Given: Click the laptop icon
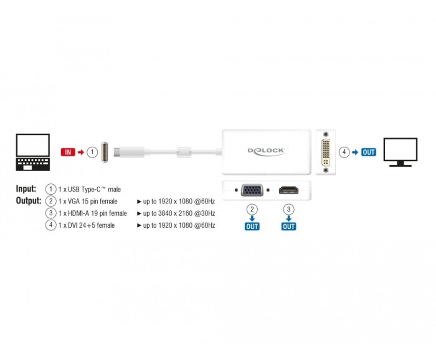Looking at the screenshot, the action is (33, 152).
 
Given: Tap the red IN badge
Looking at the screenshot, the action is (68, 152).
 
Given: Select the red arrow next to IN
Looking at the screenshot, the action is (81, 152).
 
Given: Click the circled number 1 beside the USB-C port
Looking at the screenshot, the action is (92, 152).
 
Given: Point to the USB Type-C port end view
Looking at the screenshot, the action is (104, 152).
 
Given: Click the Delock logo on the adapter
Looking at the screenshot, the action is (266, 152).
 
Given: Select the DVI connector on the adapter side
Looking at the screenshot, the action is (326, 152).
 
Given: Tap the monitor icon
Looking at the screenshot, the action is (400, 152).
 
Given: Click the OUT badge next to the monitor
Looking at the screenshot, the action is (369, 152).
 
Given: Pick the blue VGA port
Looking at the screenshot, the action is (252, 190).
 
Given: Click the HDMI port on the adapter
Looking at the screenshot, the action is (289, 190).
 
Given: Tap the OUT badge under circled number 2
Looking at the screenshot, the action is (252, 226).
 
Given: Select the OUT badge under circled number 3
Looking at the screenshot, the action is (289, 226).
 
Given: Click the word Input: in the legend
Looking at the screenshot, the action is (26, 189).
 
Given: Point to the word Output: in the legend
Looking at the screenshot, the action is (29, 201).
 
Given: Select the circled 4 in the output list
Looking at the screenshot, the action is (51, 225).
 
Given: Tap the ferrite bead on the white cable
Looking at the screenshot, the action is (184, 152).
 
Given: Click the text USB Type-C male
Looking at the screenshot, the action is (94, 189).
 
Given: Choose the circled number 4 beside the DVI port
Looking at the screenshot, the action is (344, 152).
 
